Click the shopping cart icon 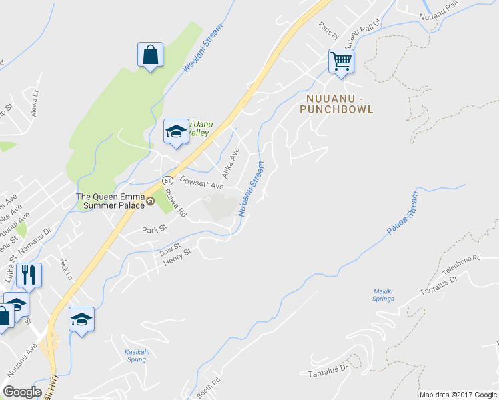pos(341,61)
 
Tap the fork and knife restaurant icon pos(28,274)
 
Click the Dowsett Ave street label pos(201,183)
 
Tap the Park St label pos(153,229)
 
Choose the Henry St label pos(178,256)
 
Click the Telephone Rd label pos(462,263)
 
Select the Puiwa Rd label pos(176,205)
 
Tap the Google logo pos(22,392)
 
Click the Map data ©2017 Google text pos(458,395)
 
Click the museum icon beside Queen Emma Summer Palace pos(151,201)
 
